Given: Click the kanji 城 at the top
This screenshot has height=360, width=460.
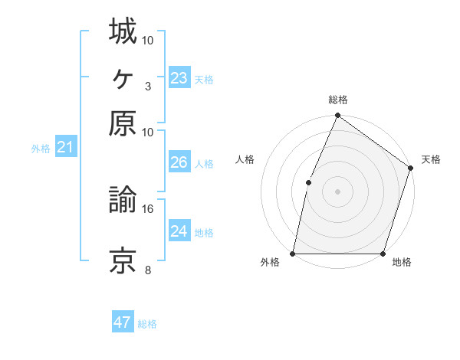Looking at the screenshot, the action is [x=123, y=31].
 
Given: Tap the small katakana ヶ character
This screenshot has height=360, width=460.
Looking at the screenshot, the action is [x=123, y=77].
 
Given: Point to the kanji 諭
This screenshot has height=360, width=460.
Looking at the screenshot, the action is [x=123, y=200].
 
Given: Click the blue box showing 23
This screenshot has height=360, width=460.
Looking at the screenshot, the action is [x=179, y=78].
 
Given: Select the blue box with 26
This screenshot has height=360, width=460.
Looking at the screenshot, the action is [x=179, y=162].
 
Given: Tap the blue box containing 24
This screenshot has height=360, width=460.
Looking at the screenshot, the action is [x=179, y=231].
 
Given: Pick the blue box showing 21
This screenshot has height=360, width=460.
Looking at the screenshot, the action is [x=64, y=147].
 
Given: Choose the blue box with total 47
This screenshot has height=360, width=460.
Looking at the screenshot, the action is [x=123, y=322].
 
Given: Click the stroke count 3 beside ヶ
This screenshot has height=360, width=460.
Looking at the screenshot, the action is [x=147, y=86].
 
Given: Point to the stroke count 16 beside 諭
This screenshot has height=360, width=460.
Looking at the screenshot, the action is [x=148, y=208].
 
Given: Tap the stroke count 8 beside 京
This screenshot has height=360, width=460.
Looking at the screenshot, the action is [x=147, y=270].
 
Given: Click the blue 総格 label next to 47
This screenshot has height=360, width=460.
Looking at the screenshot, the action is [x=147, y=324].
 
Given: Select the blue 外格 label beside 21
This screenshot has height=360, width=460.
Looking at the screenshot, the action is [x=41, y=149].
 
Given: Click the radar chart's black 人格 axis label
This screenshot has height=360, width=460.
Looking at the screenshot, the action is [x=245, y=159].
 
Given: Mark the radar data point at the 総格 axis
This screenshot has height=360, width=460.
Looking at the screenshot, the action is [x=337, y=116].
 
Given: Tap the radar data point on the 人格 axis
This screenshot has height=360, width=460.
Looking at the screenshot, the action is [x=308, y=182].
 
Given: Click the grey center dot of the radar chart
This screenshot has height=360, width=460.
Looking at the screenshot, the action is [x=337, y=191].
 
